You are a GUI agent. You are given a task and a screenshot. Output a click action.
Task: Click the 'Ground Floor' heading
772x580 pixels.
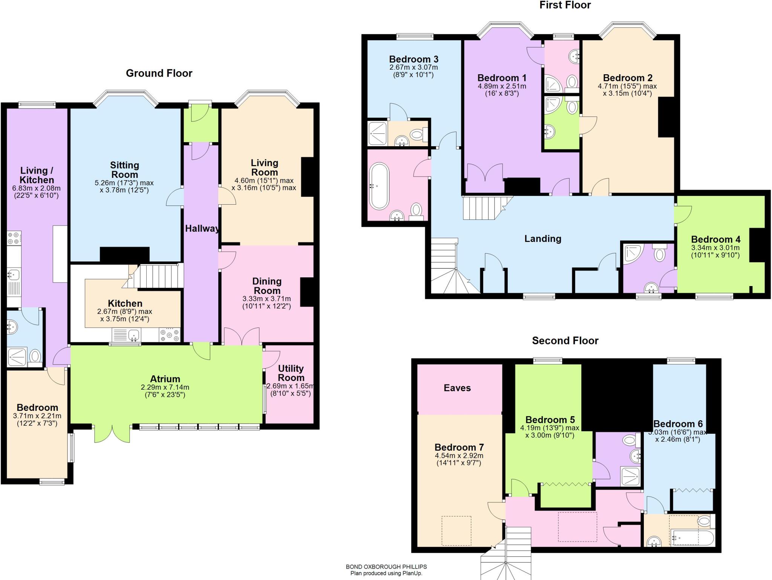pyautogui.click(x=159, y=73)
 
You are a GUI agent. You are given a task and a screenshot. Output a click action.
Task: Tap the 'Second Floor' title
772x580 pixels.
pyautogui.click(x=565, y=341)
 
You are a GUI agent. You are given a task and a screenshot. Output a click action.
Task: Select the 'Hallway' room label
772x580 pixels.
pyautogui.click(x=202, y=228)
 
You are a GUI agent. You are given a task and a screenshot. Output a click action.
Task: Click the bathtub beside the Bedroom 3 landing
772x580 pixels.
pyautogui.click(x=379, y=186)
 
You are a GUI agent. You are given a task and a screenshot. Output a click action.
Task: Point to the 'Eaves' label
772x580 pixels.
pyautogui.click(x=457, y=388)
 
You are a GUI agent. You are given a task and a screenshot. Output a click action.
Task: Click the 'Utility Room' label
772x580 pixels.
pyautogui.click(x=291, y=373)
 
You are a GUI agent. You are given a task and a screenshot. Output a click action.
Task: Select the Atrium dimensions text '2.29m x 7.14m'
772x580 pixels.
pyautogui.click(x=165, y=387)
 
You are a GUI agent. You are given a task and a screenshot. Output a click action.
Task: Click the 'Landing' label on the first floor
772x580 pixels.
pyautogui.click(x=542, y=239)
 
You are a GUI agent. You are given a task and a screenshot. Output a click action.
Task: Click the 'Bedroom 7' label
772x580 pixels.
pyautogui.click(x=459, y=447)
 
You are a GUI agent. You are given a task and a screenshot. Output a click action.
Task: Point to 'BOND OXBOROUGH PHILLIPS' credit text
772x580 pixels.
pyautogui.click(x=386, y=566)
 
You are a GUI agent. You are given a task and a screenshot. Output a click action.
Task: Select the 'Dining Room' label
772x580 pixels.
pyautogui.click(x=267, y=286)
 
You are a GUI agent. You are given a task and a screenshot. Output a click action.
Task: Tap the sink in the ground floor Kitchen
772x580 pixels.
pyautogui.click(x=133, y=334)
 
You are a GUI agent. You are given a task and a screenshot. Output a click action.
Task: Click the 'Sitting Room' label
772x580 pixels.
pyautogui.click(x=124, y=170)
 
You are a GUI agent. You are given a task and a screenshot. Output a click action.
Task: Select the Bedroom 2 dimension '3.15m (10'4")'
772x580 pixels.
pyautogui.click(x=627, y=93)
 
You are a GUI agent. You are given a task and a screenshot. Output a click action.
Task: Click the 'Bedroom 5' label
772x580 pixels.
pyautogui.click(x=550, y=420)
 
